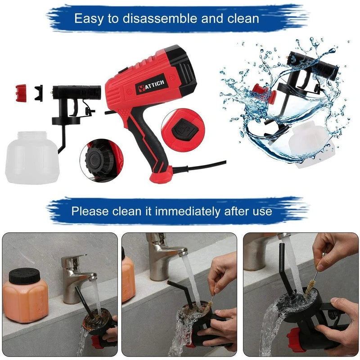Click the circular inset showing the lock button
183,129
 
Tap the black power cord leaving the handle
202,166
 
